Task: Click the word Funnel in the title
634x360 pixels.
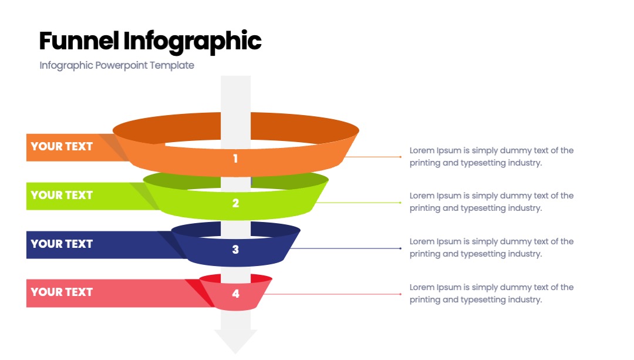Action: tap(79, 41)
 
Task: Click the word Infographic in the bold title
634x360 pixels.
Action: tap(193, 42)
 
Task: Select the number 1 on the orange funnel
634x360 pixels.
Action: tap(235, 159)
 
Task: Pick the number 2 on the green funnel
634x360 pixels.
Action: tap(236, 203)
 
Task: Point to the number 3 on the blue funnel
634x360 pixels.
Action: tap(236, 249)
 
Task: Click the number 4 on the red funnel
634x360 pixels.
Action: tap(236, 294)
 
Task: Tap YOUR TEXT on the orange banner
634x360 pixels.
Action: tap(62, 146)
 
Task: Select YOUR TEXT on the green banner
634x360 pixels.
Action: tap(62, 195)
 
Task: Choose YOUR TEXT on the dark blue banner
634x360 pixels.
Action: tap(62, 244)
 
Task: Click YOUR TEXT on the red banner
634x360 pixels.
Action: tap(62, 292)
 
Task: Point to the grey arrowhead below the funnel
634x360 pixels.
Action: tap(236, 341)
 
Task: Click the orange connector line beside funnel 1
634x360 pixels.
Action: tap(373, 157)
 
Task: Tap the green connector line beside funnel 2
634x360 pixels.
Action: tap(358, 203)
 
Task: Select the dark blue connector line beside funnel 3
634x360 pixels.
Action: tap(346, 248)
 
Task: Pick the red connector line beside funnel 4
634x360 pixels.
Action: tap(332, 294)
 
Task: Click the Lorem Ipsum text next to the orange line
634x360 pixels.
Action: tap(491, 157)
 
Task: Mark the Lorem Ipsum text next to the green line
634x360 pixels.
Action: tap(491, 202)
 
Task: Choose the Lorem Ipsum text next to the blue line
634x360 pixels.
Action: tap(491, 248)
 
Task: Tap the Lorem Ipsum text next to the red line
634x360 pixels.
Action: tap(491, 293)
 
